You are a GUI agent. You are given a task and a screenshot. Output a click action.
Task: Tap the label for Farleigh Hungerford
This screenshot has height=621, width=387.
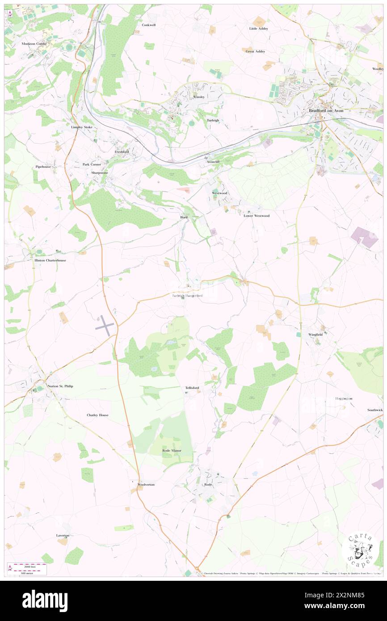[188, 296]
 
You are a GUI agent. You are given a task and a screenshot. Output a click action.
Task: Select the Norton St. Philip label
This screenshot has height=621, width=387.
[60, 386]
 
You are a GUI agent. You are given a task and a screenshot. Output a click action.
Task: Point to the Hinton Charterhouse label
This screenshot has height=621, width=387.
[50, 260]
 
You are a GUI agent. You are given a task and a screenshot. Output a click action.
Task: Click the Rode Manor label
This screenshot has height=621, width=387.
[171, 450]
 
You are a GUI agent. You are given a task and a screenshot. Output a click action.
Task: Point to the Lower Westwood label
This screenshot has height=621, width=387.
[257, 216]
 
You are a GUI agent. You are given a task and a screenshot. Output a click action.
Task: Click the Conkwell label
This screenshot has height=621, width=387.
[149, 25]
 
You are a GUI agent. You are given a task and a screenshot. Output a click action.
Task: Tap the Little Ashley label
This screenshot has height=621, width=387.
[258, 29]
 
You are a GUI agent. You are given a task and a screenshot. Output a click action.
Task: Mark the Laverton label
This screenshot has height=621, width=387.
[63, 535]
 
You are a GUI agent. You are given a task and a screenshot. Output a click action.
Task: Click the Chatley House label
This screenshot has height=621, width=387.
[97, 415]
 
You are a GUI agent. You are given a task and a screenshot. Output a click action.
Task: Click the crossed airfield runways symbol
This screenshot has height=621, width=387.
[105, 325]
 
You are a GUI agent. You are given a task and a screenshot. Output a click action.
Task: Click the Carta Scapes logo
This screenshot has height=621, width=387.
[359, 550]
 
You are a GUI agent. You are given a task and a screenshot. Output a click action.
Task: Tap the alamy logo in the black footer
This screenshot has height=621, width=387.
[45, 600]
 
